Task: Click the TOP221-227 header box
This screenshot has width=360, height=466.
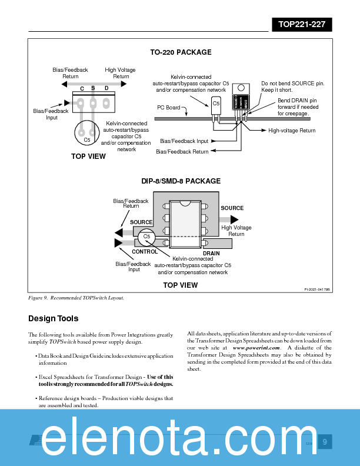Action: click(x=302, y=25)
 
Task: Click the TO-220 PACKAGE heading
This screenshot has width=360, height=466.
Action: click(x=181, y=52)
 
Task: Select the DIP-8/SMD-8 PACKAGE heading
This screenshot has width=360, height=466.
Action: click(x=181, y=181)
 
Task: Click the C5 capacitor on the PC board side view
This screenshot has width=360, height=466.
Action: click(x=216, y=105)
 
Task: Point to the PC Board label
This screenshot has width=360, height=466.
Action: click(x=169, y=108)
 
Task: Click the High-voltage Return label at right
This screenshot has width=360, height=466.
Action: click(x=292, y=131)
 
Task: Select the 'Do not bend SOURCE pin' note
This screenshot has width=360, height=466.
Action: click(x=292, y=86)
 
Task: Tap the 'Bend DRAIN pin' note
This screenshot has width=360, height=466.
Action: click(x=298, y=107)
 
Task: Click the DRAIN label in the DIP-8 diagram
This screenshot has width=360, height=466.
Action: click(x=211, y=254)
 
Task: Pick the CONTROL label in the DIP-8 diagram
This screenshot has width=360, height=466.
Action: click(x=145, y=252)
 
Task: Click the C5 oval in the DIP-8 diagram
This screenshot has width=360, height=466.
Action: click(x=147, y=237)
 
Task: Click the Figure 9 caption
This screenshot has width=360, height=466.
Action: click(x=76, y=298)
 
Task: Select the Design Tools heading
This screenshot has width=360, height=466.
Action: click(x=53, y=319)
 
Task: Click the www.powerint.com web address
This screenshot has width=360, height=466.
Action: click(x=256, y=348)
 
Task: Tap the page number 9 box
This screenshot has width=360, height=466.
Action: click(x=325, y=442)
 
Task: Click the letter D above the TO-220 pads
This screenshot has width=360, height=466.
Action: click(x=106, y=88)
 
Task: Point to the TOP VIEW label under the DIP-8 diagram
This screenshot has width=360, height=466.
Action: click(x=180, y=285)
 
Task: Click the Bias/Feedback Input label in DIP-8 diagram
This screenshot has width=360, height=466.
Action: click(x=134, y=267)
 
